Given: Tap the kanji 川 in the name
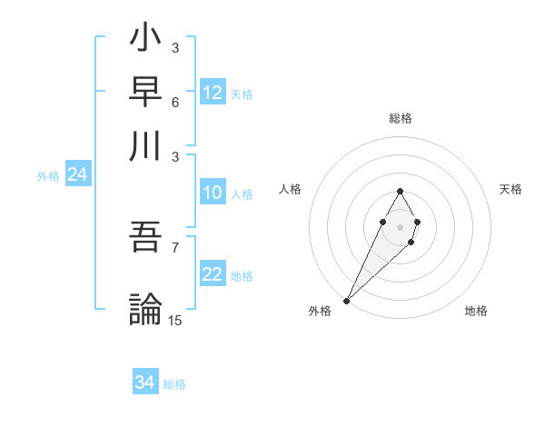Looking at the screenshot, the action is tap(145, 145).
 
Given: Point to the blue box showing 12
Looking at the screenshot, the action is tap(213, 93).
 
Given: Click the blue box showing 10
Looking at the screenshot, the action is tap(213, 193).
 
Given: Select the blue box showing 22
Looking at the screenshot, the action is tap(213, 274).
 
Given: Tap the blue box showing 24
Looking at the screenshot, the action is tap(77, 174).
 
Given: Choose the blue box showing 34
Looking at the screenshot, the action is tap(145, 382).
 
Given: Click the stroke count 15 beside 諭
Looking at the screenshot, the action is tap(175, 320).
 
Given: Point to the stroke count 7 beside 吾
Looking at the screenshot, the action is tap(175, 247).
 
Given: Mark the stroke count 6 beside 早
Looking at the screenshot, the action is tap(175, 101).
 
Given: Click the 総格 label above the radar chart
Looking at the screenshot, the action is tap(400, 118).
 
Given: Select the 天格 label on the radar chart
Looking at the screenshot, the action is tap(510, 189).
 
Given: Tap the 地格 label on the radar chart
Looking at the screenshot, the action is tap(476, 312).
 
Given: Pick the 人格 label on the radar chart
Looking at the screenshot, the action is tap(290, 189).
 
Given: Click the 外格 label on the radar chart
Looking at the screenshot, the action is tap(320, 312).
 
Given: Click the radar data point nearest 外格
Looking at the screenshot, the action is tap(346, 300).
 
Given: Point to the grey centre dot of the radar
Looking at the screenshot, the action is tap(400, 225).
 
